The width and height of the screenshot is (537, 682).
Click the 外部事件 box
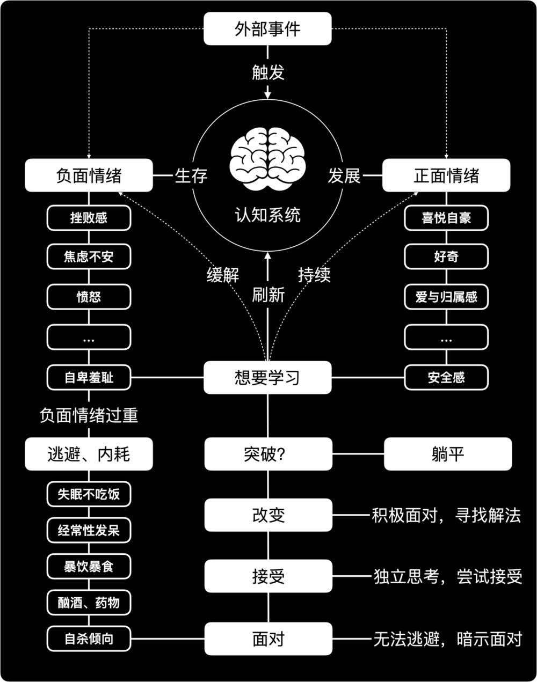coord(267,29)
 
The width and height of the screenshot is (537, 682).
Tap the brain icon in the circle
coord(267,160)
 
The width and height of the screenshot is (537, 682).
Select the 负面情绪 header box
coord(89,175)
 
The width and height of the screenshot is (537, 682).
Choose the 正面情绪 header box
coord(446,175)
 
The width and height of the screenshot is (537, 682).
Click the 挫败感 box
coord(89,218)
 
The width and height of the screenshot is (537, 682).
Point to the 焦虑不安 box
coord(89,257)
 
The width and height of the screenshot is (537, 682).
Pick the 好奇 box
coord(446,257)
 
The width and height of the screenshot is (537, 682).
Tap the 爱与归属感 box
coord(446,297)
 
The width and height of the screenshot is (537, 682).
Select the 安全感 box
coord(446,378)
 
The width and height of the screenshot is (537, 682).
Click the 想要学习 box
coord(267,378)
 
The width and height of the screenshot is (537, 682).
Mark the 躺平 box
coord(448,454)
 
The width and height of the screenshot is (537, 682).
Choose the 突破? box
coord(267,454)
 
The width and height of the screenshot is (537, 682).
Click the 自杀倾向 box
coord(89,639)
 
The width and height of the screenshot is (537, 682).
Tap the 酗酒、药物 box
coord(89,603)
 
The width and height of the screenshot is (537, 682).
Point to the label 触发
coord(267,72)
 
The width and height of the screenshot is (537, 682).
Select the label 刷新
coord(268,294)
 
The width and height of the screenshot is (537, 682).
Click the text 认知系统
coord(267,215)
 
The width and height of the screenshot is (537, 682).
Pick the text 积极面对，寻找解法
coord(446,516)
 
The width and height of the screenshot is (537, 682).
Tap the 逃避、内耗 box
coord(89,454)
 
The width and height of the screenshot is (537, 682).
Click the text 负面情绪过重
coord(89,415)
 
